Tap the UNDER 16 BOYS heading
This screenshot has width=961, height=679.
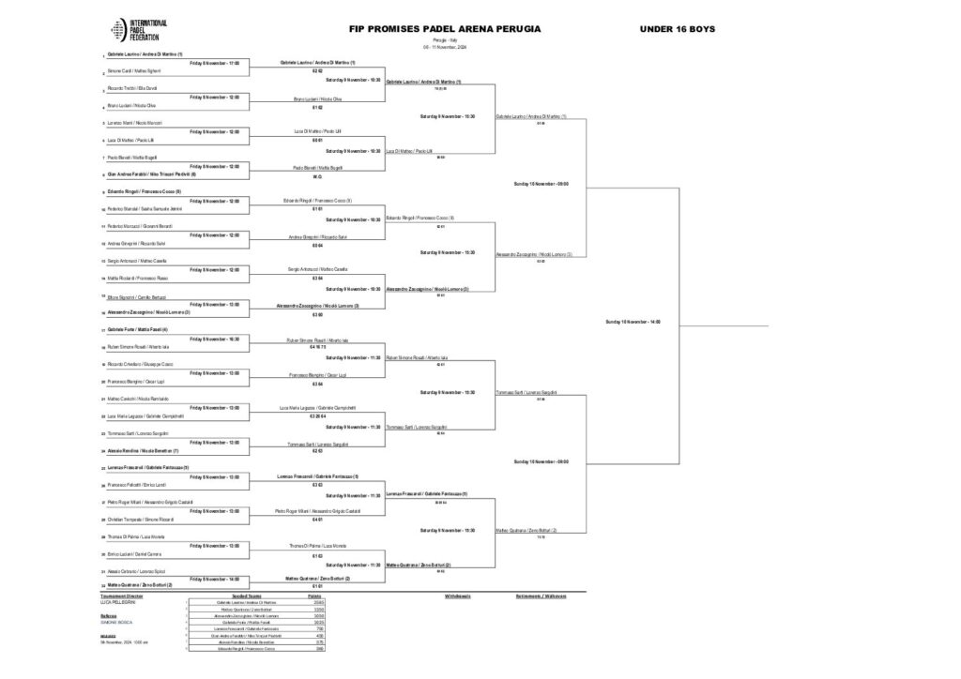677,29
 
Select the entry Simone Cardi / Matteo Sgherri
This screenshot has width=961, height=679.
128,71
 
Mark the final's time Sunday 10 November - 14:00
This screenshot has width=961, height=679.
633,322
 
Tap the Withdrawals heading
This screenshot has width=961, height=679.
457,596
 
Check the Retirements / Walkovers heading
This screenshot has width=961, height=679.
542,596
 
